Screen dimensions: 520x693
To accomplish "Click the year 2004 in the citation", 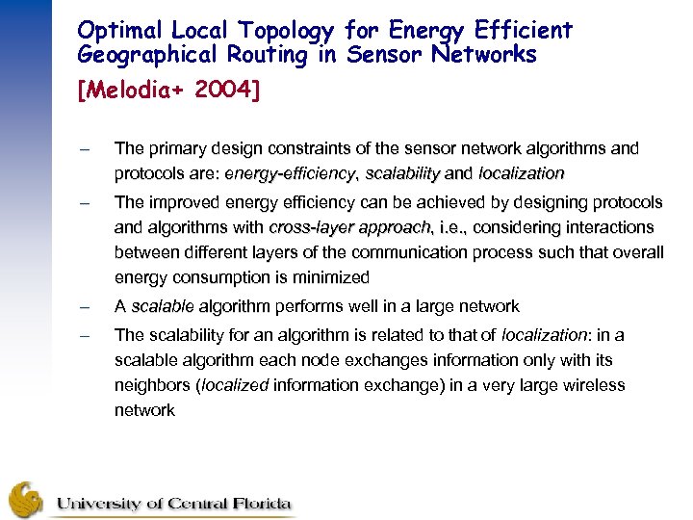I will (x=227, y=91).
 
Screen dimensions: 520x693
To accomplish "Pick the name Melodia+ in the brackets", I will (x=132, y=91).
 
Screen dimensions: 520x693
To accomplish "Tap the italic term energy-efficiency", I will (x=290, y=174).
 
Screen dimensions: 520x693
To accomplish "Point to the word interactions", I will (x=608, y=228).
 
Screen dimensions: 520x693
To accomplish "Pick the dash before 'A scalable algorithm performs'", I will (x=85, y=307).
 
